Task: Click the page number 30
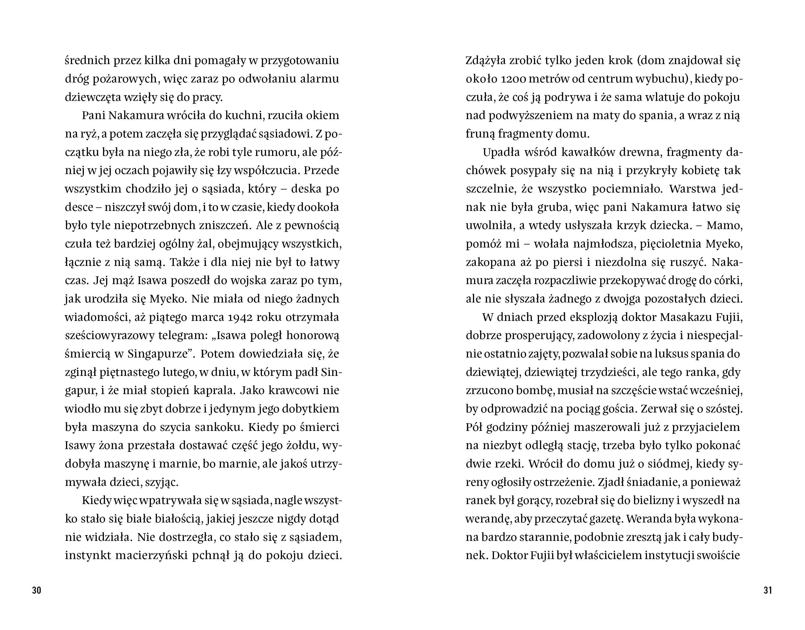pyautogui.click(x=37, y=590)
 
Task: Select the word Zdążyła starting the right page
pyautogui.click(x=485, y=61)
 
